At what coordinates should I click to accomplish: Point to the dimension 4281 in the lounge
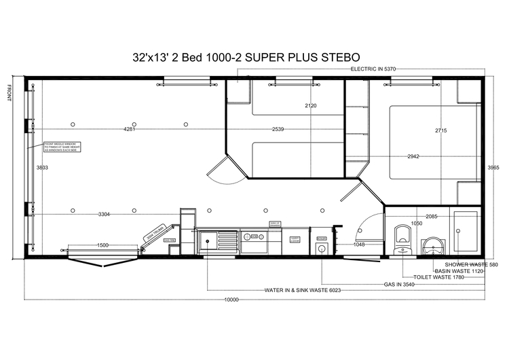tap(129, 129)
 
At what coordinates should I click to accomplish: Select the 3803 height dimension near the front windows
tap(42, 167)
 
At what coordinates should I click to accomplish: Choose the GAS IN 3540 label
tap(399, 285)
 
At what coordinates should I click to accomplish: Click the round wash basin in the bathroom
tap(430, 245)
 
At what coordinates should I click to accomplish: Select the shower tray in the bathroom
tap(466, 232)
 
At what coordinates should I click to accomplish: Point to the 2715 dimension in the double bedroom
tap(441, 130)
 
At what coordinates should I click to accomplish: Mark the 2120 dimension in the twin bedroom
tap(312, 106)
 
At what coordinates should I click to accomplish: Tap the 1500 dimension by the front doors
tap(103, 245)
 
